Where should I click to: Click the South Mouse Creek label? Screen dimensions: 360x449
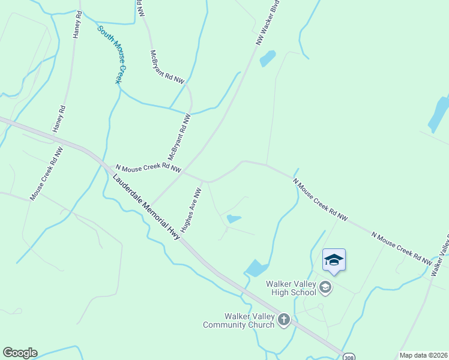pos(113,54)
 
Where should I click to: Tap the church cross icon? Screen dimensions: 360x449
pos(284,320)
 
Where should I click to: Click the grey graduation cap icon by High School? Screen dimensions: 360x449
pos(325,288)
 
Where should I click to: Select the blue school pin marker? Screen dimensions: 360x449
pos(334,261)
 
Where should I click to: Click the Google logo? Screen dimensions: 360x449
pos(20,353)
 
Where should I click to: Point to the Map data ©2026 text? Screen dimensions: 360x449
pos(424,355)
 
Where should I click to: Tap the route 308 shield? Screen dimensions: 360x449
pos(349,356)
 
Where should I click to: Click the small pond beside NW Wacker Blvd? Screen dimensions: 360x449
pos(267,58)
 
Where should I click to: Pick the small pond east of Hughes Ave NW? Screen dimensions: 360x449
pos(234,219)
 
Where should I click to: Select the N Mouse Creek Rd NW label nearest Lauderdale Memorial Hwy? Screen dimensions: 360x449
pos(148,168)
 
